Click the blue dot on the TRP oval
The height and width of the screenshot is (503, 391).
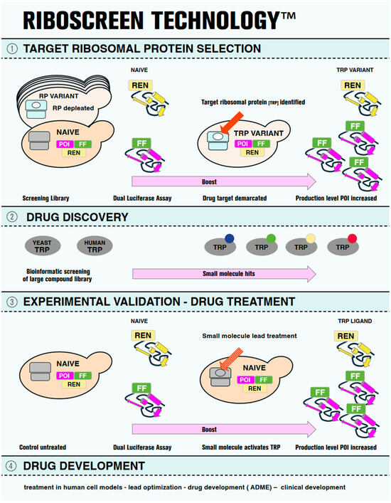point(230,238)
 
